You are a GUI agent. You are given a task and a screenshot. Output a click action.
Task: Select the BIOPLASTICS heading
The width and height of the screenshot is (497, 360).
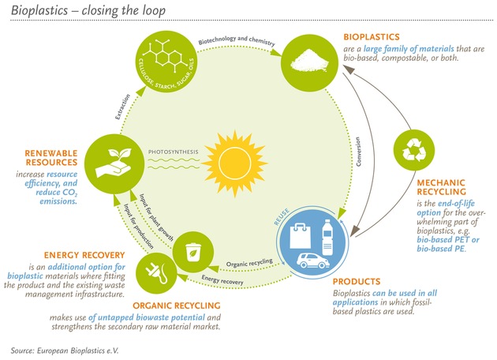point(372,37)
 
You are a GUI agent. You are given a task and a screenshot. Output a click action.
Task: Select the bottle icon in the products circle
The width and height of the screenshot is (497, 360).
point(327,236)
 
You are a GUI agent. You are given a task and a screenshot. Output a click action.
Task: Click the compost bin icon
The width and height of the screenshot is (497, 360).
point(192,252)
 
